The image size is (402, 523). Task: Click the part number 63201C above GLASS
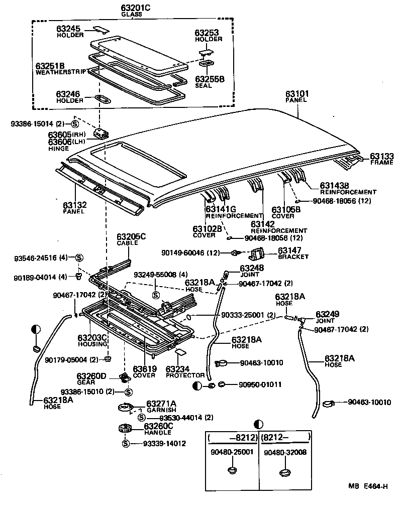coord(135,8)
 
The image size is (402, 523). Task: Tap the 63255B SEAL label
coord(210,82)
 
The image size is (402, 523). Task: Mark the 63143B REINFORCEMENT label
coord(341,188)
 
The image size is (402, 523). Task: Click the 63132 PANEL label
coord(74,208)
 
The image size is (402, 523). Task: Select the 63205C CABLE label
coord(131,239)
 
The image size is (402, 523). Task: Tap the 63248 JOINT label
coord(252,271)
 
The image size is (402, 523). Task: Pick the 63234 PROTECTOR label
coord(185,371)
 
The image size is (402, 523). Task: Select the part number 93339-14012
coord(164,444)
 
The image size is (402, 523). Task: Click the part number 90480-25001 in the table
coord(232,452)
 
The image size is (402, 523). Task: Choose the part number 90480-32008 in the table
coord(285,452)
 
